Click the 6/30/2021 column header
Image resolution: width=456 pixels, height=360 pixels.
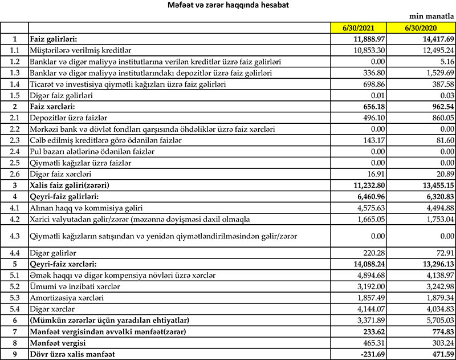click(x=359, y=27)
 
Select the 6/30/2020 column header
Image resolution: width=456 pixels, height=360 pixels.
click(x=421, y=27)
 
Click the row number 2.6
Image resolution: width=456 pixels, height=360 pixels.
click(x=14, y=174)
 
